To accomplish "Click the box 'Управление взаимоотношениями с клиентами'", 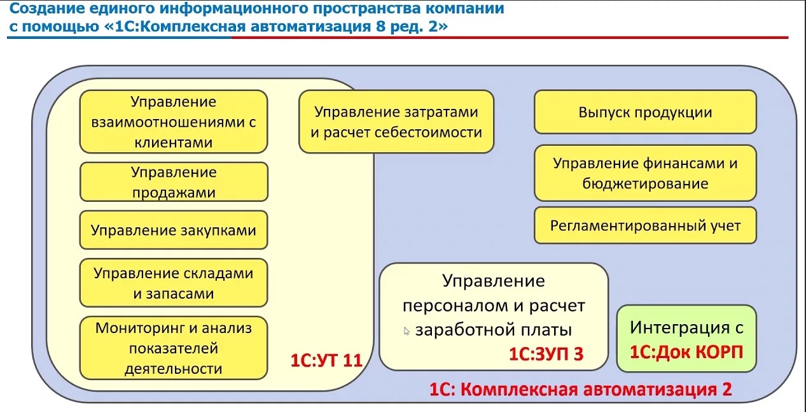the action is click(x=174, y=122).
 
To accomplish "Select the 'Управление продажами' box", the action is click(x=174, y=182).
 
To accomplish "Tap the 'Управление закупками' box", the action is click(x=174, y=230).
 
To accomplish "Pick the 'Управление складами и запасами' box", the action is click(x=174, y=283).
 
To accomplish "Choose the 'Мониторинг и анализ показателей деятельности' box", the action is click(x=174, y=348).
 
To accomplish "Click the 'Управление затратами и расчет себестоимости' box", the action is click(x=396, y=122).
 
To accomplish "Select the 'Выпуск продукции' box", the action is click(x=645, y=112).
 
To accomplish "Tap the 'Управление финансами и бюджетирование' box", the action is click(x=645, y=173).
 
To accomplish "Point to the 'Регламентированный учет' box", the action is click(x=645, y=226).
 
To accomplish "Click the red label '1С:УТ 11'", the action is click(x=326, y=360).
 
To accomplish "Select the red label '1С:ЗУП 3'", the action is click(x=546, y=354).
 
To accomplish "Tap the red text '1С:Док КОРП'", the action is click(x=686, y=352).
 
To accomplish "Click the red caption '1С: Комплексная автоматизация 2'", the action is click(x=581, y=389).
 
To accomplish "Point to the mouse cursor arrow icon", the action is click(x=406, y=331).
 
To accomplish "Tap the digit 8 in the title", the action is click(x=380, y=27).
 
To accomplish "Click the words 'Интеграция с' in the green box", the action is click(x=686, y=327).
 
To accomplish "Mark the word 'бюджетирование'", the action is click(x=645, y=183).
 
